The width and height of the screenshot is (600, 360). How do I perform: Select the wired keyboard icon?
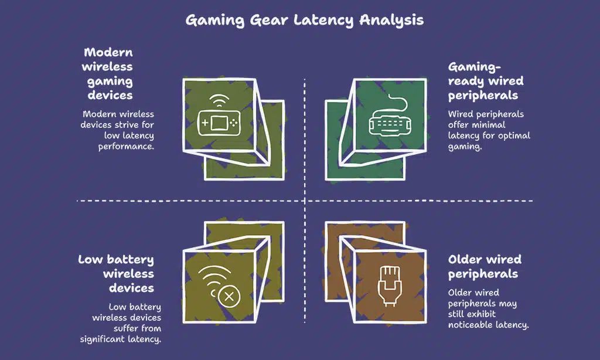point(386,124)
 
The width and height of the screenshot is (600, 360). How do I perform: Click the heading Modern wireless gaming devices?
point(108,74)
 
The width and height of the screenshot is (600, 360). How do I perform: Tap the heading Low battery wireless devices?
point(116,274)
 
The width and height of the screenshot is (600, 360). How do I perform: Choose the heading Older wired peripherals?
point(484,267)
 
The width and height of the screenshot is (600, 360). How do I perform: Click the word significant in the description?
point(108,339)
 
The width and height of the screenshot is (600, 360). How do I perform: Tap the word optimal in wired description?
point(516,135)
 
